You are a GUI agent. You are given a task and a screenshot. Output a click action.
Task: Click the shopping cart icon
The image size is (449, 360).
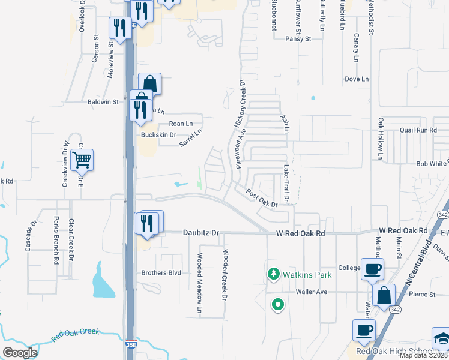(x=82, y=160)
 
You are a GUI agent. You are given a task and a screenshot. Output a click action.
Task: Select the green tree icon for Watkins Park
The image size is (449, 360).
(x=274, y=274)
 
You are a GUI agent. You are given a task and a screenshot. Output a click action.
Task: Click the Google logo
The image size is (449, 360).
(x=20, y=353)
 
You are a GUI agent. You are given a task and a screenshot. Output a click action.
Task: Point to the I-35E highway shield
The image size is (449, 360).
(x=131, y=346)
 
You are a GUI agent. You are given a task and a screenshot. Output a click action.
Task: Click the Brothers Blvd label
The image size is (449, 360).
(x=161, y=273)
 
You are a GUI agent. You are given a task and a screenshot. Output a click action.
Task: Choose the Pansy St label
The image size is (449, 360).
(x=298, y=38)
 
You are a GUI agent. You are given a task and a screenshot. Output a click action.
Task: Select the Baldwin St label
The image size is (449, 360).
(x=103, y=102)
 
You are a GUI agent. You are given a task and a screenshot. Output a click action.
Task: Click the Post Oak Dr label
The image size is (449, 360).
(x=262, y=199)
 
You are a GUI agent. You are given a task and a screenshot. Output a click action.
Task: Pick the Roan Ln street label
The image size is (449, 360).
(x=181, y=124)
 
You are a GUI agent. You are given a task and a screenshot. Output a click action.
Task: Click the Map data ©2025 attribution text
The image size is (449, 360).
(x=424, y=355)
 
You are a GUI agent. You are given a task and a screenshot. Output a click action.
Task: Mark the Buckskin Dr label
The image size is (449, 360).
(x=158, y=135)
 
